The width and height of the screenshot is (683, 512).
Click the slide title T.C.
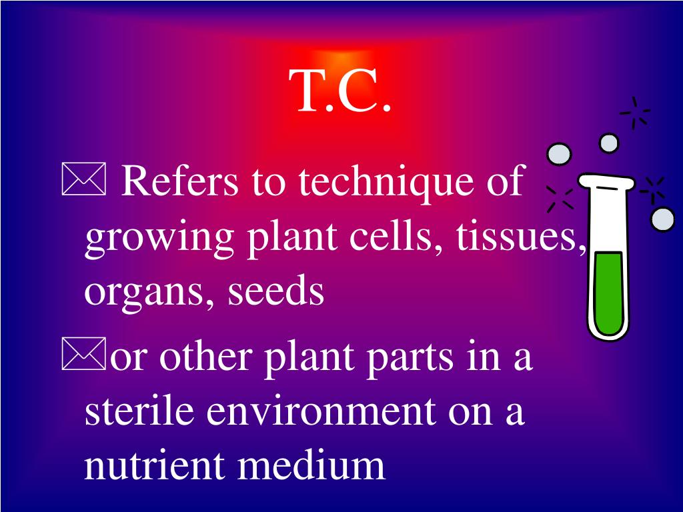coord(340,92)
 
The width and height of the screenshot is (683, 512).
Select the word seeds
coord(276,291)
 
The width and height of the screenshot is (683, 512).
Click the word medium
coord(311,465)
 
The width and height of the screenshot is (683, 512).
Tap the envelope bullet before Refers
coord(83,182)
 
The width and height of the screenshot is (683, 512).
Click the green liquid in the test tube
coord(608,293)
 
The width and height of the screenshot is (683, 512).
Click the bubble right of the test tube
coord(662,219)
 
